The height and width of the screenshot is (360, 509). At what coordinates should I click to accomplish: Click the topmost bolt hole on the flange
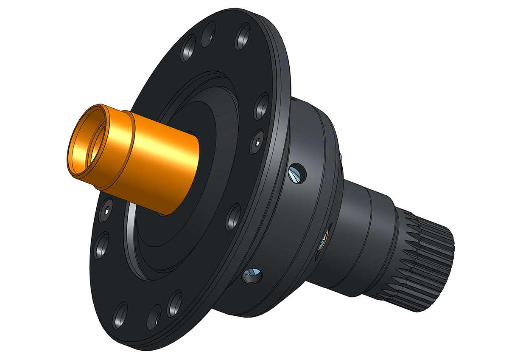243,38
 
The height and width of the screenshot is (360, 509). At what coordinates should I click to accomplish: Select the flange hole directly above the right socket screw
261,106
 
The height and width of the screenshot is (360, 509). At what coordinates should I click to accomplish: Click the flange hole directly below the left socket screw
101,246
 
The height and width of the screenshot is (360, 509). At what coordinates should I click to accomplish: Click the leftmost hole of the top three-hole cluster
188,50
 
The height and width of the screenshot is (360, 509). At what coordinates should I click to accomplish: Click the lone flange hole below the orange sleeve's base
233,217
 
